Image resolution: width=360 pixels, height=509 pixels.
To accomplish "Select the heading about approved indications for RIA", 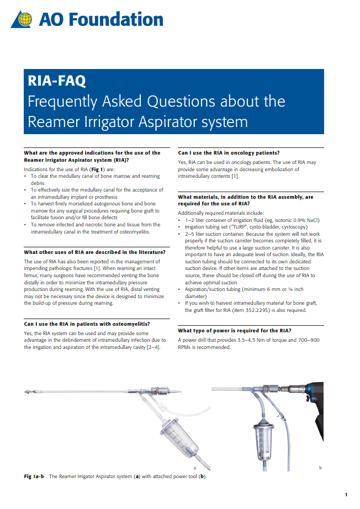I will click(x=92, y=156).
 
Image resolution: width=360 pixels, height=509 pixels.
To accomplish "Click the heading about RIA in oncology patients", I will click(x=229, y=153).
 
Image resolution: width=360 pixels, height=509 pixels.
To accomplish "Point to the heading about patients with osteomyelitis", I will click(x=87, y=324).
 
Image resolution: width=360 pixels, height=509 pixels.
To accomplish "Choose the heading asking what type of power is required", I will click(x=235, y=331).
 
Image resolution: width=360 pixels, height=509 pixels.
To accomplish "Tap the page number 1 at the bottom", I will click(x=346, y=495).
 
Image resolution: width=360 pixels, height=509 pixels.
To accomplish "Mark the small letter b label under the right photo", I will click(x=321, y=468).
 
